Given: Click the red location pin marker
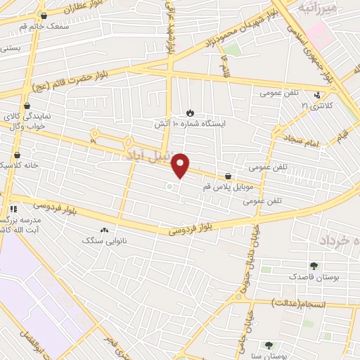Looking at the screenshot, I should (181, 165).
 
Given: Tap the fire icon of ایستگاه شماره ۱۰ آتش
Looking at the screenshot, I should (190, 112).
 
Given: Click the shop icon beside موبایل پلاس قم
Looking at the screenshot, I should (228, 176).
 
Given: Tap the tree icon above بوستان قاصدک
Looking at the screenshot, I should (314, 266).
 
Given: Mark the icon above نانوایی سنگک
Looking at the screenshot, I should (105, 230).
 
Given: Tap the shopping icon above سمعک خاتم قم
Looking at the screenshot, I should (44, 15).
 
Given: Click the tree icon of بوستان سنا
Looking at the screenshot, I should (268, 345).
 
